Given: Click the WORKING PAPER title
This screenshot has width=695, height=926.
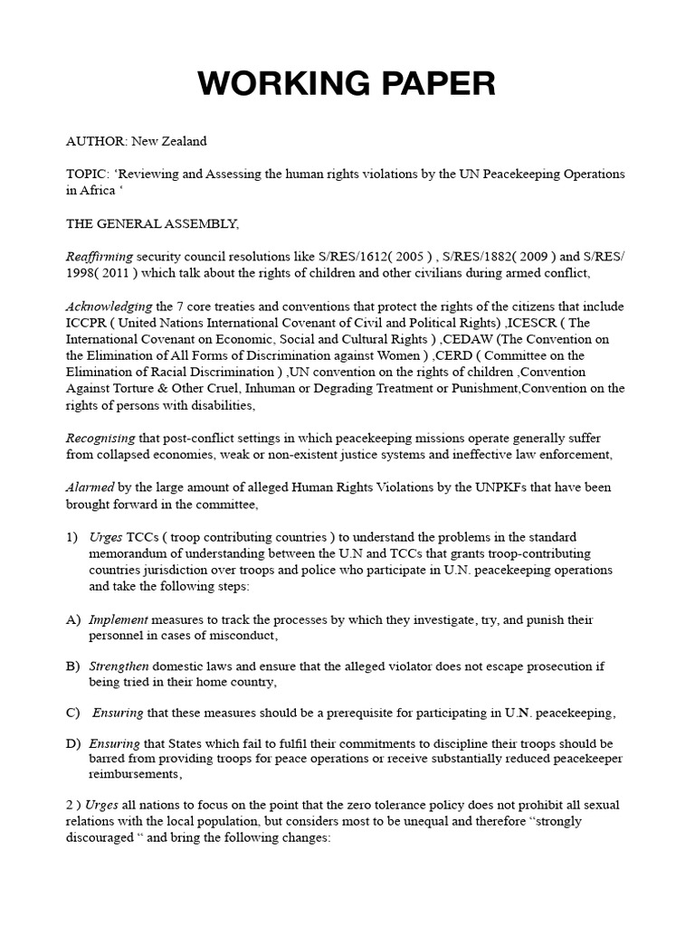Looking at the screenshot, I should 347,83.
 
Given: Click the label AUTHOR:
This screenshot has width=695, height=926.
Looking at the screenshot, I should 96,141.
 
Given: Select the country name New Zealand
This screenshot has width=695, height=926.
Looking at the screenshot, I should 169,141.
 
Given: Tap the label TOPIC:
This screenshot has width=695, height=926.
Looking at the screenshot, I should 88,174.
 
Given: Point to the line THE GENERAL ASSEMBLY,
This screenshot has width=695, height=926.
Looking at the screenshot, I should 146,222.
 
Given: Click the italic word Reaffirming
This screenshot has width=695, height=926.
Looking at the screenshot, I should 100,256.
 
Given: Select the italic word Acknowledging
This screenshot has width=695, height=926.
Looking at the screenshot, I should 109,307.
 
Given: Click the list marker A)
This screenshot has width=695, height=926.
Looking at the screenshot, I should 72,620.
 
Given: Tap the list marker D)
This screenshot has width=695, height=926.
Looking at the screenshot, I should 72,743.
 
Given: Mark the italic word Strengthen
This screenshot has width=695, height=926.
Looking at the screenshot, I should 119,666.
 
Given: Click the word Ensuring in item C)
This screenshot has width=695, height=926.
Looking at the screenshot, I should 119,713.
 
